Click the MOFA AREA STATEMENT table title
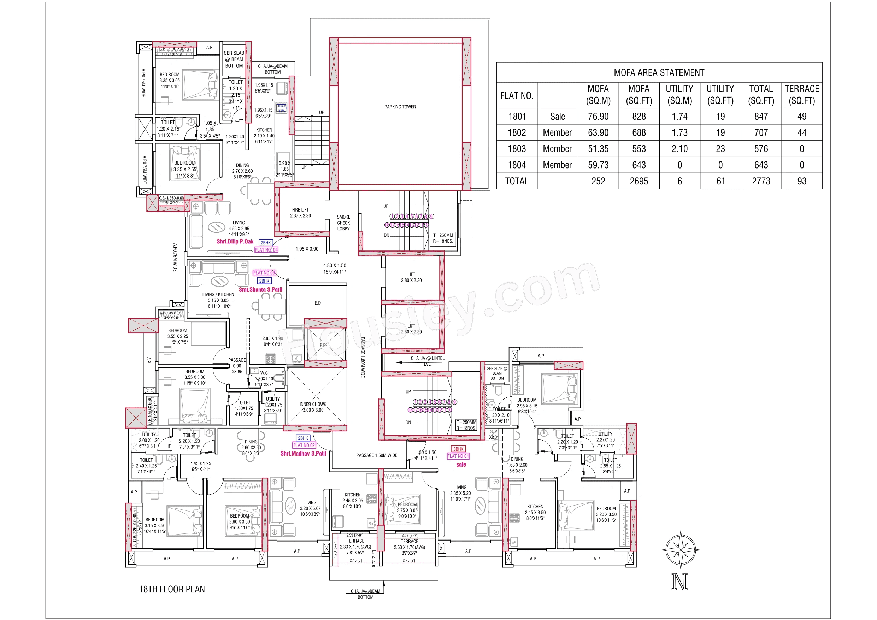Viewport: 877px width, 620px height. coord(659,72)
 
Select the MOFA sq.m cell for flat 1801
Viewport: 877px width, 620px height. coord(598,117)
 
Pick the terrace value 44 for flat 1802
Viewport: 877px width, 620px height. coord(802,132)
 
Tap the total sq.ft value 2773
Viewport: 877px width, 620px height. coord(761,181)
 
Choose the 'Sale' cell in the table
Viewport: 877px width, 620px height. coord(557,117)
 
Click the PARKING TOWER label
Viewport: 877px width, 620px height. coord(400,107)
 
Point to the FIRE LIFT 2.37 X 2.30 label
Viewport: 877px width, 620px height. coord(300,213)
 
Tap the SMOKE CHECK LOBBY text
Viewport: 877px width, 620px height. coord(343,223)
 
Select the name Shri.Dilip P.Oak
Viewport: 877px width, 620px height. coord(235,241)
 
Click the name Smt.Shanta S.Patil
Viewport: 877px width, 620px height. coord(260,290)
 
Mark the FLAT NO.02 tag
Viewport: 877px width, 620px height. coord(304,445)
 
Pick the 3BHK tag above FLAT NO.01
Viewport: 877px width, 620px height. coord(458,449)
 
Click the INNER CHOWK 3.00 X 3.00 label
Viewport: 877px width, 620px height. coord(313,407)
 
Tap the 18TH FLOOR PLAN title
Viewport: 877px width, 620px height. coord(172,589)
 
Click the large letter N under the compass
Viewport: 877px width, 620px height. coord(679,582)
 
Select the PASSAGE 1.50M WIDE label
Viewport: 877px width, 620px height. coord(377,455)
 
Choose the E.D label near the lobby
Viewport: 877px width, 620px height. coord(318,303)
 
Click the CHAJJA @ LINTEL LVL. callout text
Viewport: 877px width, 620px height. coord(428,361)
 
